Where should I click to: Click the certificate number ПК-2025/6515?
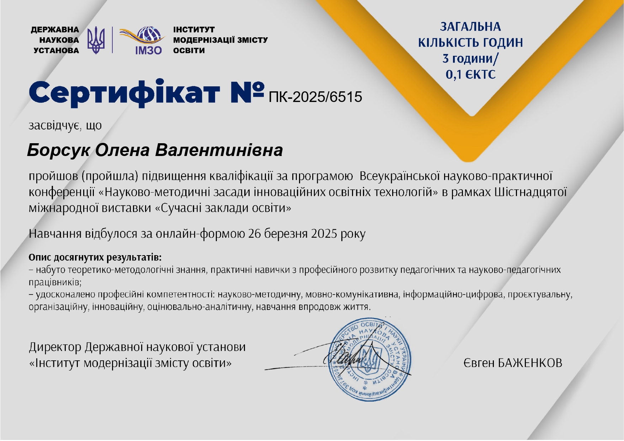(315, 97)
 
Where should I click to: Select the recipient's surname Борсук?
(58, 150)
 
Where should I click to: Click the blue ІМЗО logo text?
(148, 50)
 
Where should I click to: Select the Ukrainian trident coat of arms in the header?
(96, 40)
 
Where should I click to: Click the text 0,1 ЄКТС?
(470, 75)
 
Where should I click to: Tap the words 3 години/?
(470, 59)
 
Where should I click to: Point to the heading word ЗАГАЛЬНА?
(470, 27)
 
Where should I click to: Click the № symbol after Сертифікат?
(248, 91)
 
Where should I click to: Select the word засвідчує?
(53, 125)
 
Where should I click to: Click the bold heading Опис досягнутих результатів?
(95, 257)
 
